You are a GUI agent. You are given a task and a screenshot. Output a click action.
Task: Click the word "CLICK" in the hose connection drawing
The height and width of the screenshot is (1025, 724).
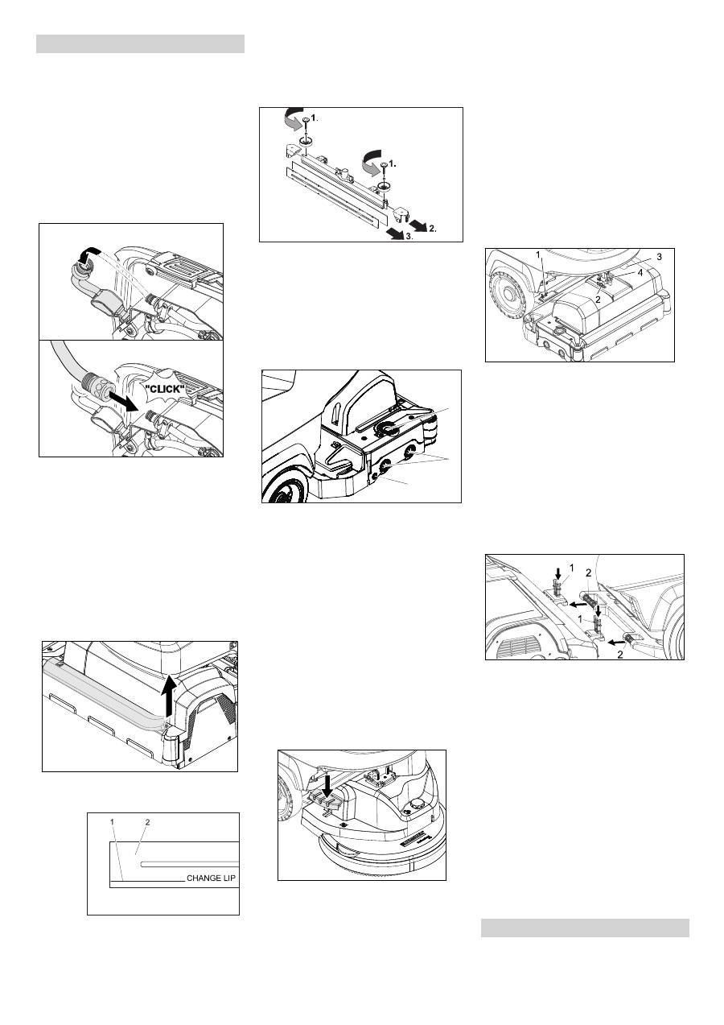pyautogui.click(x=162, y=390)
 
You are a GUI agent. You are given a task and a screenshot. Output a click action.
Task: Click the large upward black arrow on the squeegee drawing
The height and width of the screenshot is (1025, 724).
pyautogui.click(x=169, y=696)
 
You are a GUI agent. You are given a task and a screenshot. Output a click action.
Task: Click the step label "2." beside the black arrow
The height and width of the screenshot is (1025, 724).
pyautogui.click(x=433, y=229)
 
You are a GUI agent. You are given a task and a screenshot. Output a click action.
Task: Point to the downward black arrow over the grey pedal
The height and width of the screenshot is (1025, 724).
pyautogui.click(x=327, y=785)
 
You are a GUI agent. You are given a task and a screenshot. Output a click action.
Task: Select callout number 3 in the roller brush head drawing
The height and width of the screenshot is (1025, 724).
pyautogui.click(x=659, y=257)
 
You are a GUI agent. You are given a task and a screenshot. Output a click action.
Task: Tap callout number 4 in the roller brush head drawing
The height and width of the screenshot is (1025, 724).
pyautogui.click(x=640, y=273)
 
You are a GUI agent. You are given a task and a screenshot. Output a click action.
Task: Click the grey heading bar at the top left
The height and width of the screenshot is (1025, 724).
pyautogui.click(x=140, y=44)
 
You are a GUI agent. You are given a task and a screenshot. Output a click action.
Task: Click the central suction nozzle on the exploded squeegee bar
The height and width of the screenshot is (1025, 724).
pyautogui.click(x=342, y=173)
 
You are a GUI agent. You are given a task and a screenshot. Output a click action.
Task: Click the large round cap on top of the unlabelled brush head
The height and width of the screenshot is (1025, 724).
pyautogui.click(x=387, y=428)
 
